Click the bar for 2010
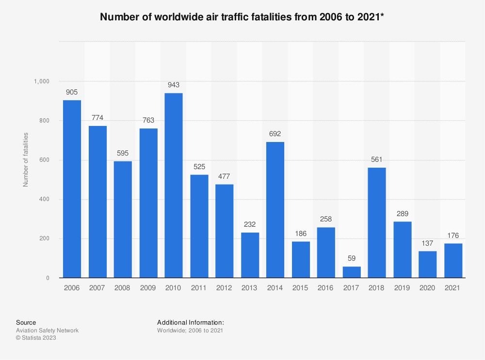[174, 186]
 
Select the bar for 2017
[352, 272]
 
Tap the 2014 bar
[275, 210]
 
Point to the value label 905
[72, 92]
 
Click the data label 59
[352, 259]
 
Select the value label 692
[275, 134]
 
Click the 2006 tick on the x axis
[72, 288]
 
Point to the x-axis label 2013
[250, 288]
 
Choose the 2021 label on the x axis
[453, 288]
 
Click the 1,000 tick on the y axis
[41, 81]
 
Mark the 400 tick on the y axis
[44, 200]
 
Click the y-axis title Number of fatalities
[26, 159]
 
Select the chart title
[242, 17]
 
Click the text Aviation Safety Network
[47, 330]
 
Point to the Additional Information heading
[191, 322]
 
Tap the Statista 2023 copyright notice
[36, 338]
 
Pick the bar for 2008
[123, 219]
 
